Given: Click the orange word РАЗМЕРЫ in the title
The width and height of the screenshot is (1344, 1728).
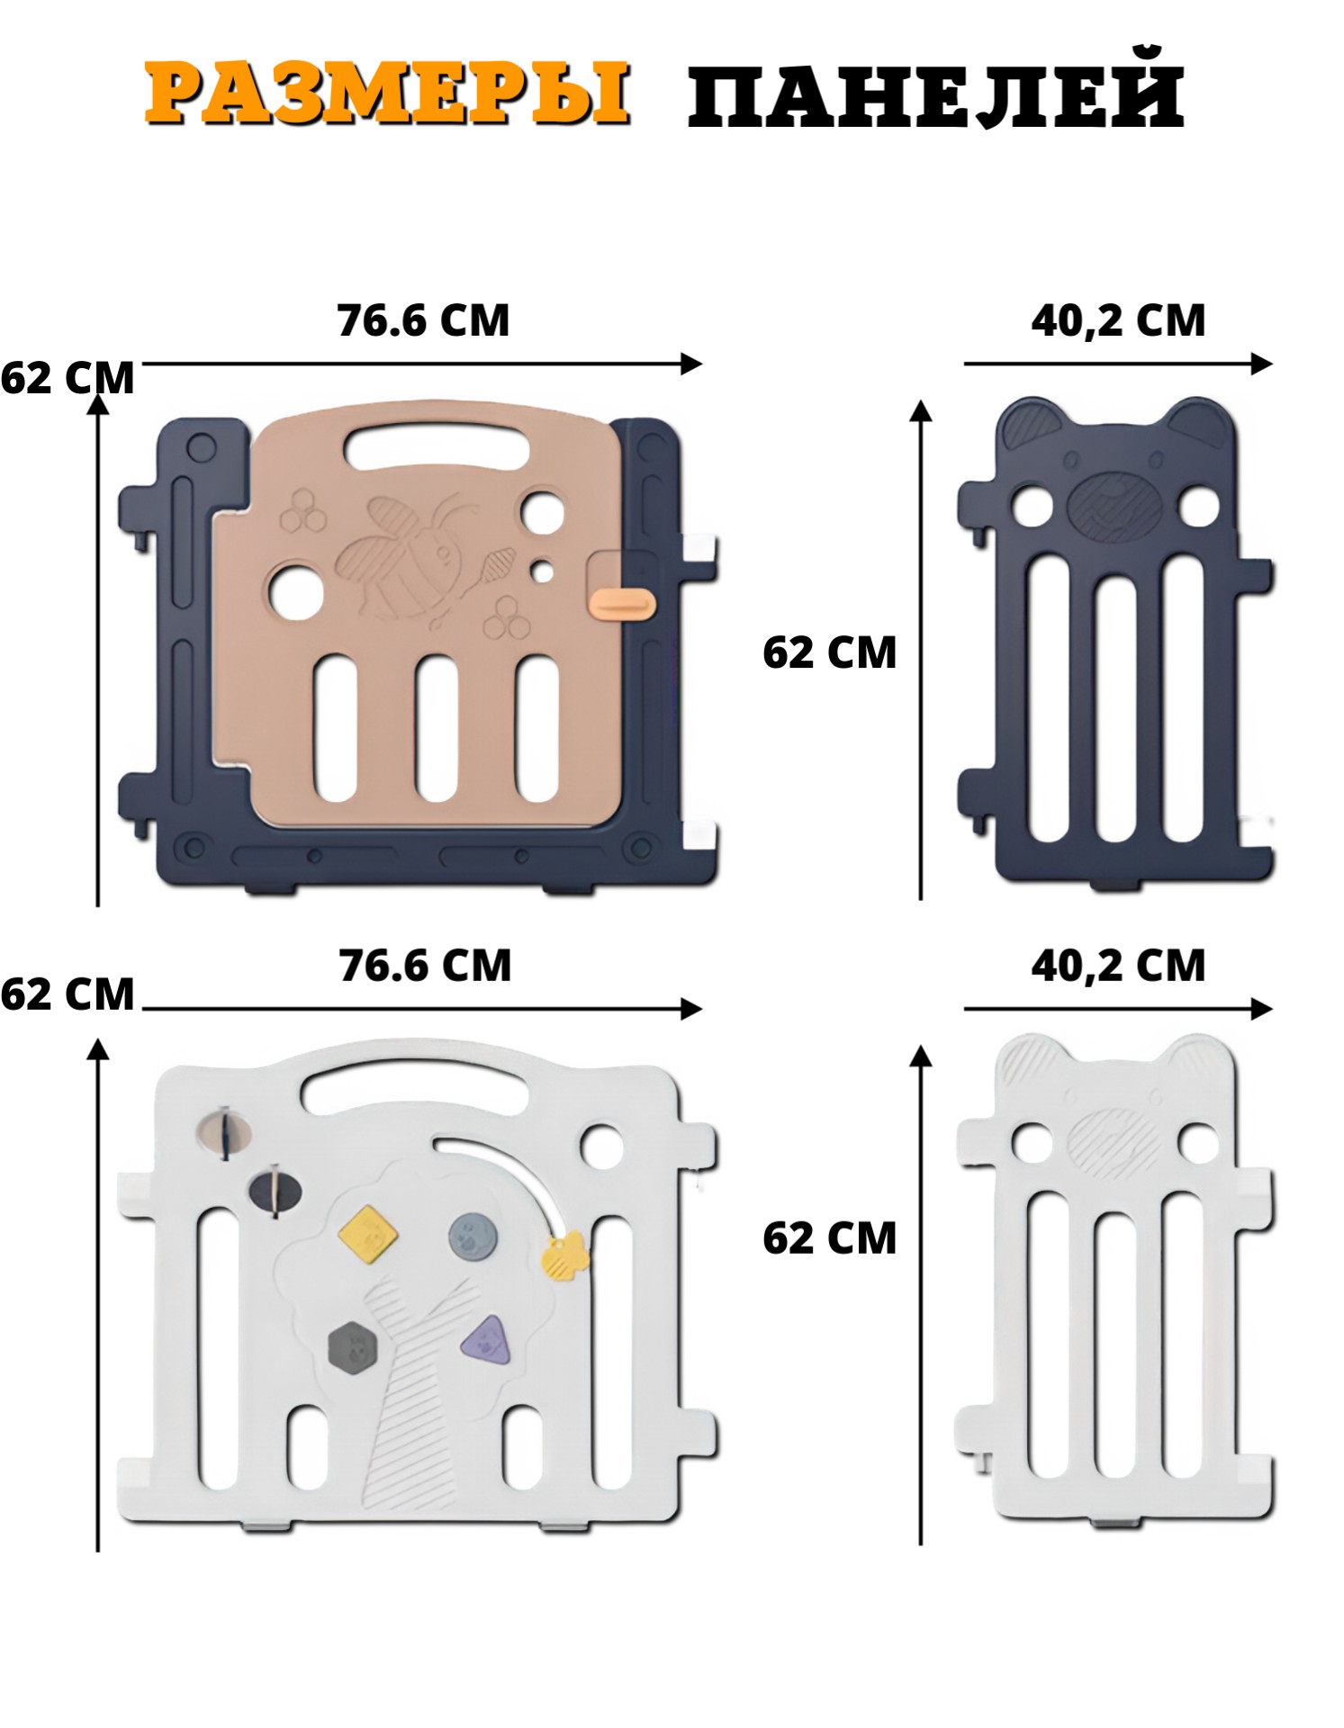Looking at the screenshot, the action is pyautogui.click(x=387, y=94).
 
